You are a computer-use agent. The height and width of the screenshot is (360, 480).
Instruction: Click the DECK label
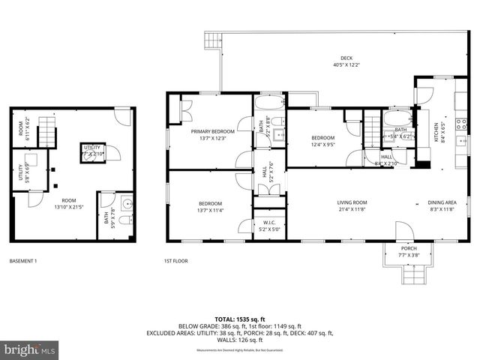[346, 58]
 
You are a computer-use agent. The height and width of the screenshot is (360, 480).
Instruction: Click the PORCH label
[408, 248]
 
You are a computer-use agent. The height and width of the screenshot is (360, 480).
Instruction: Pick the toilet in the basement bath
[126, 220]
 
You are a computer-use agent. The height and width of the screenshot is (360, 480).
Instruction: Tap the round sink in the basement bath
[126, 202]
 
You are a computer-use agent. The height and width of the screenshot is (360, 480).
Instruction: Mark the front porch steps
[408, 277]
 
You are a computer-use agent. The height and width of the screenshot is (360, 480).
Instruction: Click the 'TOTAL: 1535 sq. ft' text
[239, 319]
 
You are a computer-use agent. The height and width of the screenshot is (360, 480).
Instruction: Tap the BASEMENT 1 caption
[23, 261]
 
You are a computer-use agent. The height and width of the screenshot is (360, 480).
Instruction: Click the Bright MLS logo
[30, 349]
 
